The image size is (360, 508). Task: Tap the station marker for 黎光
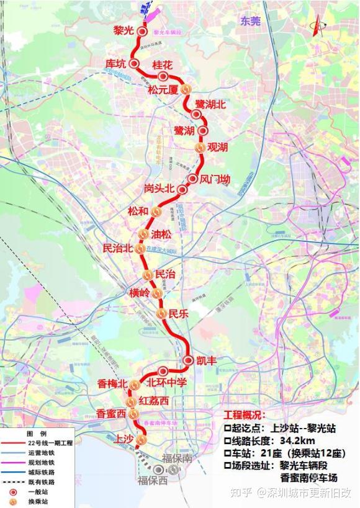point(142,31)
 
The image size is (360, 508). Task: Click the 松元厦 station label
point(163,90)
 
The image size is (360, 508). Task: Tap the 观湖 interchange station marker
point(200,148)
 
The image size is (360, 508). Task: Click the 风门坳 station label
point(215,179)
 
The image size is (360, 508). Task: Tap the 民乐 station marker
point(162,314)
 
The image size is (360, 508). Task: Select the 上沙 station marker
point(141,440)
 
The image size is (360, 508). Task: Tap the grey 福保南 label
point(175,459)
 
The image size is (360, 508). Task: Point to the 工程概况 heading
point(244,415)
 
